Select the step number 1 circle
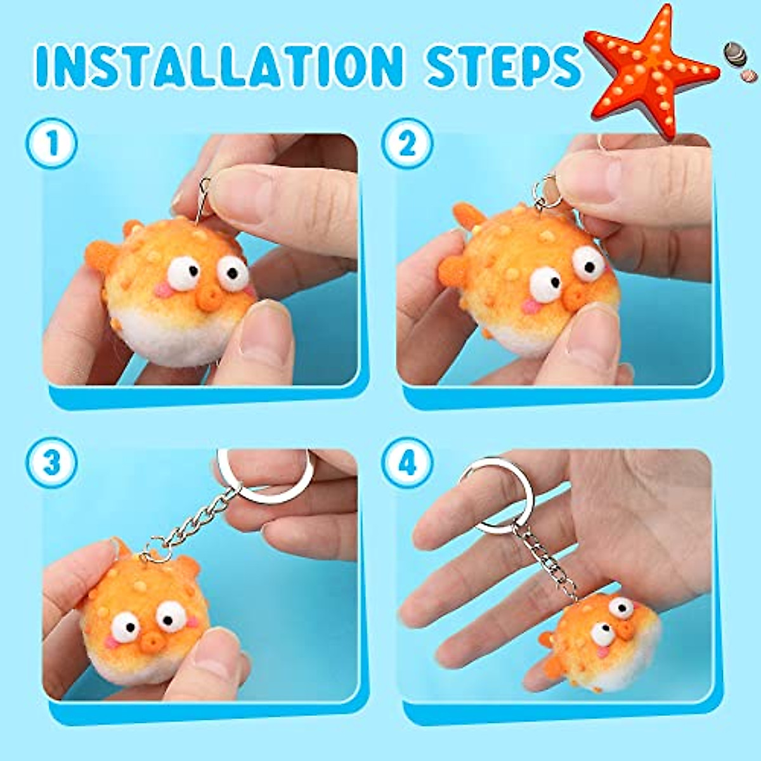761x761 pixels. point(51,143)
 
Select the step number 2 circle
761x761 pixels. point(407,143)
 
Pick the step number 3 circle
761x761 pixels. point(51,462)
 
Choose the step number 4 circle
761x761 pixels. point(407,462)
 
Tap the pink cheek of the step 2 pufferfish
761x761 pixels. point(530,306)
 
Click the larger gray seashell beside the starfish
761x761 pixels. point(734,53)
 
